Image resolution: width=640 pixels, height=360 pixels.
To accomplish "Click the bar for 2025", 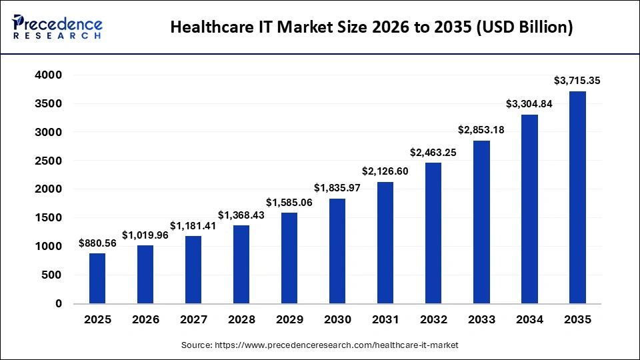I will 97,278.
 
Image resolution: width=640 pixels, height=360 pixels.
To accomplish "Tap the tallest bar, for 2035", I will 577,197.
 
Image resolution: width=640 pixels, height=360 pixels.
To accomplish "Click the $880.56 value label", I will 97,243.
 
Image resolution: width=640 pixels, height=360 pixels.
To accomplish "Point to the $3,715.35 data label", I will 577,81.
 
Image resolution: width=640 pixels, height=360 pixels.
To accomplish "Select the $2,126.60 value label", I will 385,171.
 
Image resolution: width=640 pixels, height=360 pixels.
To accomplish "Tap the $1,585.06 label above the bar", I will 289,202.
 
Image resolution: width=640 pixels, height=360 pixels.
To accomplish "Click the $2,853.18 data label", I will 481,130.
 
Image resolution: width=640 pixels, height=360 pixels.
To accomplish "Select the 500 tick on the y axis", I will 52,275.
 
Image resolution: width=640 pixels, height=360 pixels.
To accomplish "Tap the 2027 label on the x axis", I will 193,319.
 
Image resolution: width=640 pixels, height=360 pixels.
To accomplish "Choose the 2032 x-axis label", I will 433,319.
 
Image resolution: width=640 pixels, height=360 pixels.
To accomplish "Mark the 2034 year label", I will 529,319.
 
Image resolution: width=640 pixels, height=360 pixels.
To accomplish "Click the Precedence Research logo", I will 57,27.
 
